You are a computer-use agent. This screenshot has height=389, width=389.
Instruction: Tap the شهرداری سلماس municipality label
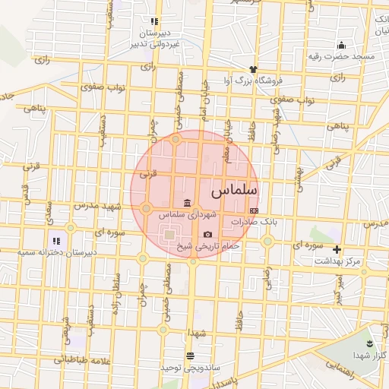click(187, 216)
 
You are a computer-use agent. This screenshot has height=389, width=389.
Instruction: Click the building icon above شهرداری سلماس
click(188, 202)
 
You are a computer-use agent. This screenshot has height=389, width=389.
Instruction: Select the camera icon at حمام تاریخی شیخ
click(207, 234)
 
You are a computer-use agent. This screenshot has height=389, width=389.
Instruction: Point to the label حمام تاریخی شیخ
click(208, 246)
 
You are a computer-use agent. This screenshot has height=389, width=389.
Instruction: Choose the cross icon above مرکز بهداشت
click(337, 249)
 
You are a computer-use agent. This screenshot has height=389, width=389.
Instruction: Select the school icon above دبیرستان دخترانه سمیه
click(57, 241)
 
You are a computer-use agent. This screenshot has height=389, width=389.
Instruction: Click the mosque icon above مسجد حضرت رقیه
click(340, 45)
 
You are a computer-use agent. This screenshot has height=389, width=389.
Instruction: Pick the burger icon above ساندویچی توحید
click(189, 355)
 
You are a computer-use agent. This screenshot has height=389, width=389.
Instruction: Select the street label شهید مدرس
click(98, 207)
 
